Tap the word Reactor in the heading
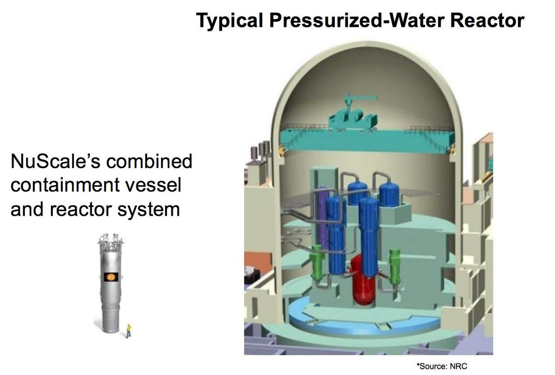(x=487, y=20)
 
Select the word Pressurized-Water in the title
(x=357, y=20)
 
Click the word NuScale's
(x=55, y=161)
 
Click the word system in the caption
(x=148, y=210)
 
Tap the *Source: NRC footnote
(x=442, y=366)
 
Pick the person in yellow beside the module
(x=129, y=331)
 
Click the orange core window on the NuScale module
(x=111, y=276)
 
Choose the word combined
(x=149, y=161)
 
